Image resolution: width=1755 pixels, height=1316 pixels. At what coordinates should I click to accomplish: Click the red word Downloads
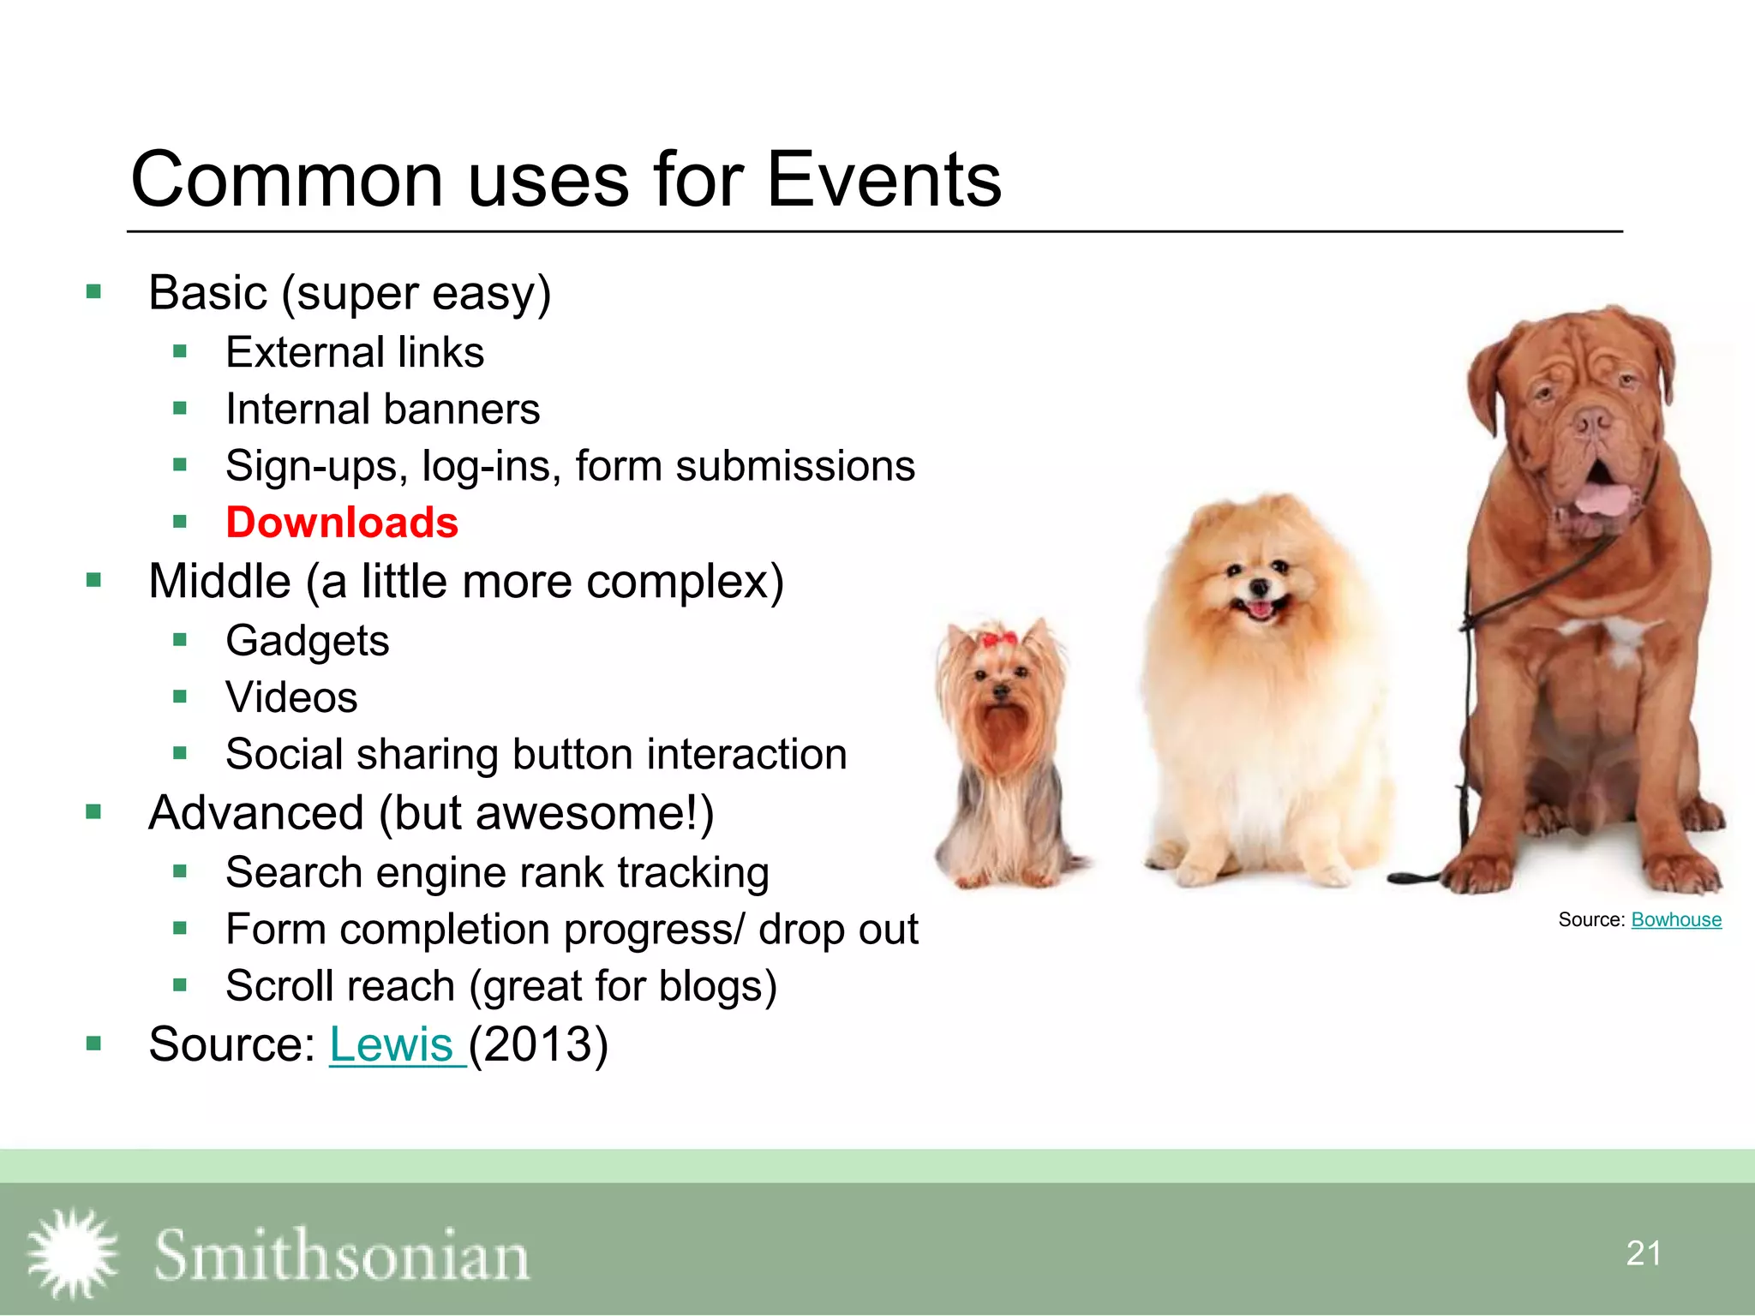[342, 523]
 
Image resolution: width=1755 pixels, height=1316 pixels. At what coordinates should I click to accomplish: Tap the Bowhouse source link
[1675, 919]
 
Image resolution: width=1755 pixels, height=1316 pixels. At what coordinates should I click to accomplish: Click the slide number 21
[1643, 1253]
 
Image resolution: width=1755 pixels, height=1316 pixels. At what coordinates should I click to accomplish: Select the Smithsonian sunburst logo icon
[73, 1253]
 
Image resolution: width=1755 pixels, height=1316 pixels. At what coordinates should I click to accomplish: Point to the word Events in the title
[883, 180]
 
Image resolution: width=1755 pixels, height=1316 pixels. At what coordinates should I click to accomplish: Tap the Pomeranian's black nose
[1259, 587]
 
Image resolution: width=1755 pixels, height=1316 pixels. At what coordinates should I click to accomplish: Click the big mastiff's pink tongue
[1601, 498]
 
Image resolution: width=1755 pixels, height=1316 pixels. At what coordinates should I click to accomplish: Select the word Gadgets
[307, 641]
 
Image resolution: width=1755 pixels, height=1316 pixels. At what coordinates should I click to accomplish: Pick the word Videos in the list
[291, 697]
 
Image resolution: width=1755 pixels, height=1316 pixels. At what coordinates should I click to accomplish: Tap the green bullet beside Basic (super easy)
[94, 292]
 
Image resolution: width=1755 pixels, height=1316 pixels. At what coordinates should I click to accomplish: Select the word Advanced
[256, 813]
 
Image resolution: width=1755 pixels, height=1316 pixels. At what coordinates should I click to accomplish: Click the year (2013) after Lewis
[538, 1044]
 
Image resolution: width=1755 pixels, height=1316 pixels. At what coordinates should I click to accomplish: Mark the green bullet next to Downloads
[180, 522]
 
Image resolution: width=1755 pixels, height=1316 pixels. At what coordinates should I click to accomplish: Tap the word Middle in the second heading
[219, 582]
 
